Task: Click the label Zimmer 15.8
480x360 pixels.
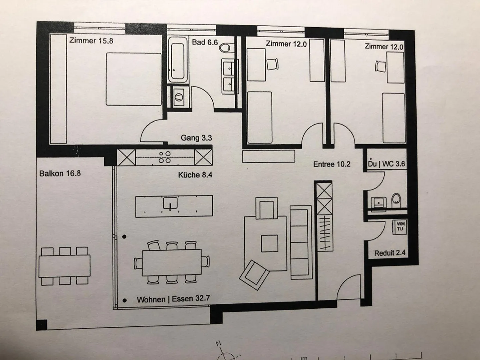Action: click(91, 41)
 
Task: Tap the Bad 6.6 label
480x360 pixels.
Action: click(205, 42)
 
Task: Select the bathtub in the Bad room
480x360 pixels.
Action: click(177, 59)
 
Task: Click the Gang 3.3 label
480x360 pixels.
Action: click(196, 138)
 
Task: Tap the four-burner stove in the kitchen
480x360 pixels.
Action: click(165, 157)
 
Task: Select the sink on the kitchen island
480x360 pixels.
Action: click(170, 203)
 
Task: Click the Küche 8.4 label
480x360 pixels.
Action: click(195, 175)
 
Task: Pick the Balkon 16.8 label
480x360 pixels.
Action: click(60, 173)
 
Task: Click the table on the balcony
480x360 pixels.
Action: click(65, 266)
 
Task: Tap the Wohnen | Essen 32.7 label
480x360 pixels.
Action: click(173, 299)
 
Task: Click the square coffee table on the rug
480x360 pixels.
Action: click(269, 243)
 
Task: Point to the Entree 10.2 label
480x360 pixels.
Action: click(332, 164)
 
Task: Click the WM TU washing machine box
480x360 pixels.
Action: click(400, 226)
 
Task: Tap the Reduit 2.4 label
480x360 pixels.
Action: click(390, 253)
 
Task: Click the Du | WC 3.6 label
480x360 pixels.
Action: click(386, 164)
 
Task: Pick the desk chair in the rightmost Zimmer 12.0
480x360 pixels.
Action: click(380, 66)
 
